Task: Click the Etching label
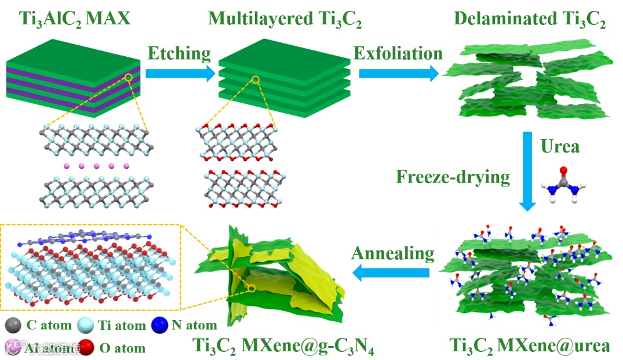tap(179, 53)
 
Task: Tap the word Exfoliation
tap(398, 53)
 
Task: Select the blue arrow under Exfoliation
tap(399, 74)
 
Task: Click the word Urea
tap(559, 147)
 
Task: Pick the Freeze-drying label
tap(453, 176)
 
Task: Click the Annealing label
tap(392, 253)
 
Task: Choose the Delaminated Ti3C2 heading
tap(530, 20)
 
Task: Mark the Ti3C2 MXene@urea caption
tap(530, 346)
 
